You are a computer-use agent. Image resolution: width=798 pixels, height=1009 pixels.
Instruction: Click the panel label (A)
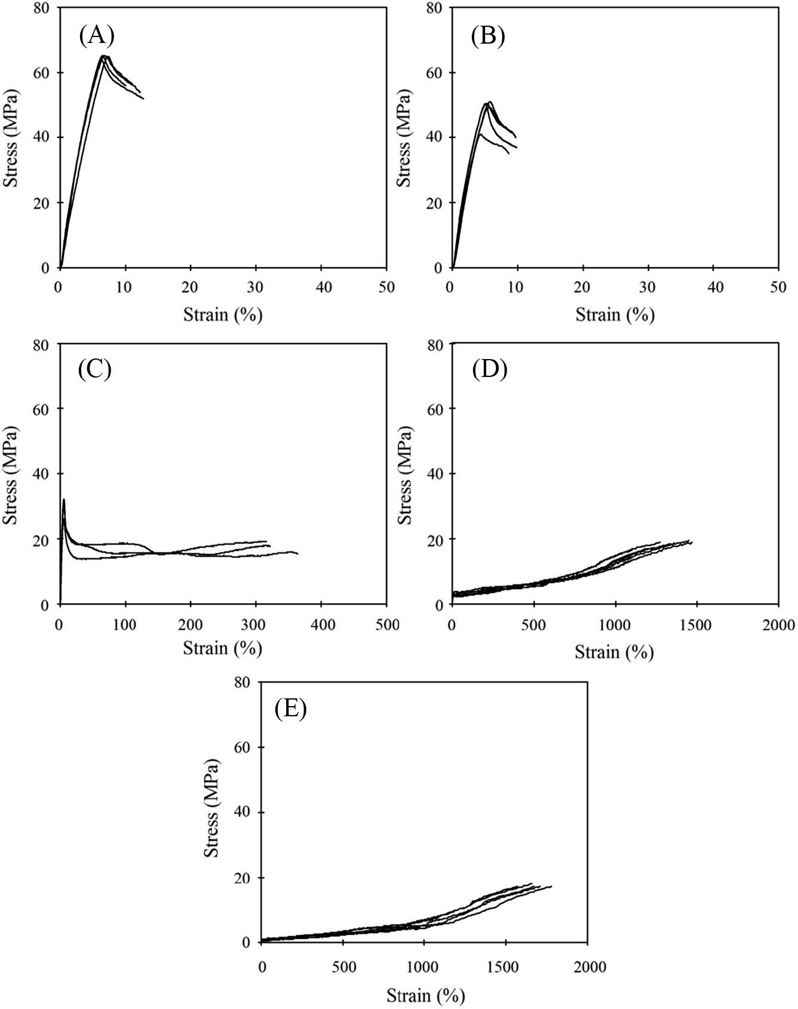click(96, 36)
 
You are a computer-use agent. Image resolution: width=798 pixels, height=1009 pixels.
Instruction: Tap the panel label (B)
click(488, 36)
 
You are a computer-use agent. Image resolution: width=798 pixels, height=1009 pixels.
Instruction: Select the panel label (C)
click(95, 370)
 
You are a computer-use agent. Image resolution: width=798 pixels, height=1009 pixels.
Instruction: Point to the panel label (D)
click(489, 370)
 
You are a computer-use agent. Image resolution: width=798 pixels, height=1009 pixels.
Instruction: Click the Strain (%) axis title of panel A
click(223, 314)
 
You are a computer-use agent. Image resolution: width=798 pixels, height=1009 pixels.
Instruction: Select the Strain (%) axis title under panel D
click(615, 652)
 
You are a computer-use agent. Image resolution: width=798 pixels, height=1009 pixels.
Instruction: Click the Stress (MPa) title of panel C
click(10, 475)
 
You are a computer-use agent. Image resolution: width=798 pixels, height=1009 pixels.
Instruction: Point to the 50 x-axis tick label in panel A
click(386, 287)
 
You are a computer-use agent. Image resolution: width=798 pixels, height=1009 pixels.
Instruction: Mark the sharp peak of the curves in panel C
click(64, 499)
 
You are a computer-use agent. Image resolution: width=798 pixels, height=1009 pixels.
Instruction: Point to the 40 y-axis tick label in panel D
click(437, 474)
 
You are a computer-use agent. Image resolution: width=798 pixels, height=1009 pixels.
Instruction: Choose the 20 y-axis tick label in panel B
click(437, 203)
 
